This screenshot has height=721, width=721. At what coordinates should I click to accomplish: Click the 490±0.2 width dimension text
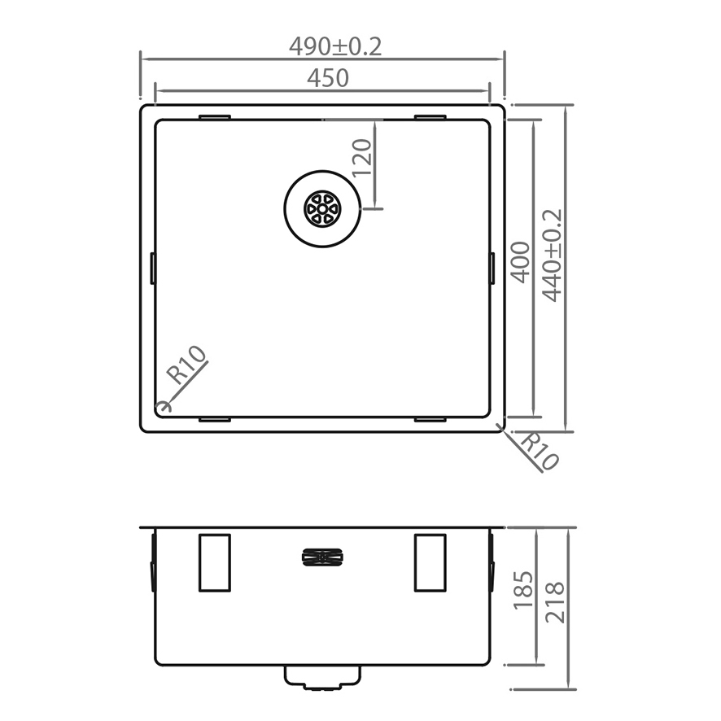(334, 47)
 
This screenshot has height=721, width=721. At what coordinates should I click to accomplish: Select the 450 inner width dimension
(328, 78)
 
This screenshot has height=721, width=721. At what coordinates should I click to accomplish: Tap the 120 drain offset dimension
(362, 157)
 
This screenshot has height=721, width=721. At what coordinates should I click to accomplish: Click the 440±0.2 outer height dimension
(553, 255)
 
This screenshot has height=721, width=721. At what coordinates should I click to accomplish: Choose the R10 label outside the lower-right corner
(539, 452)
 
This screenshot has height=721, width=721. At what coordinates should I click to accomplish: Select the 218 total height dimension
(555, 602)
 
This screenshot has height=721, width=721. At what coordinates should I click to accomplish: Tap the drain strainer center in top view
(322, 209)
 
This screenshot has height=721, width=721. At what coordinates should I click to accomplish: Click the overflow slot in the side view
(324, 557)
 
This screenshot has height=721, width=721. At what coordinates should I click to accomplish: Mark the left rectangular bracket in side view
(215, 562)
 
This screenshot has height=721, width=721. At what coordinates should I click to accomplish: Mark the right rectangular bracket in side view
(430, 562)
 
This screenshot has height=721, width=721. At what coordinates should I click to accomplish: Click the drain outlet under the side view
(322, 677)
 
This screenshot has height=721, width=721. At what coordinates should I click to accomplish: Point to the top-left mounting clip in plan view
(215, 117)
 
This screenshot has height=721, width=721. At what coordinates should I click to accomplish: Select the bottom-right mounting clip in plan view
(430, 420)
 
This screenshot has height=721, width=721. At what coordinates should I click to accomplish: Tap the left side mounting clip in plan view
(153, 269)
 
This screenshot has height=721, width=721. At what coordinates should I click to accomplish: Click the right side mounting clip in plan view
(492, 269)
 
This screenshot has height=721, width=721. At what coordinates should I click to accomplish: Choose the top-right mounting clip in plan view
(430, 117)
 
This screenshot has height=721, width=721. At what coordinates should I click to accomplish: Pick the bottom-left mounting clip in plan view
(215, 420)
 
